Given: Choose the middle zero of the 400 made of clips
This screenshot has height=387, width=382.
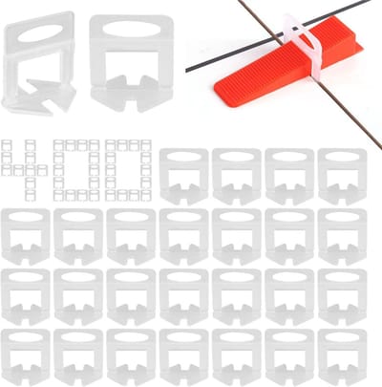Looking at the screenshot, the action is coord(76,170).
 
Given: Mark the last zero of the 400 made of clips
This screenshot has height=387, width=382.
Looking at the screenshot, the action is coord(128,170).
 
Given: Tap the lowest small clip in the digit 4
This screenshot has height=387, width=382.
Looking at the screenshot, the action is coord(31,196).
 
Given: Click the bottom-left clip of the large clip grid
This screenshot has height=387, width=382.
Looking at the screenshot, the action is coord(26,357).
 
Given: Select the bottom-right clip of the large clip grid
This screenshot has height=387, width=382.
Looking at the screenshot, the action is coord(342,357).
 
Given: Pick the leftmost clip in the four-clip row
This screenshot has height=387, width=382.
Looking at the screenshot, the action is coord(184,177).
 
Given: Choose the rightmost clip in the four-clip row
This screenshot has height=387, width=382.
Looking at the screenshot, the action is coord(342,177).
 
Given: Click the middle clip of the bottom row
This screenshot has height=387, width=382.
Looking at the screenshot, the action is coord(184,357).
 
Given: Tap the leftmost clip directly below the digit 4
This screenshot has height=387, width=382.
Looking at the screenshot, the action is coord(26,237).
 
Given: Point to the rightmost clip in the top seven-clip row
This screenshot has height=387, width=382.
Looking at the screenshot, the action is coord(342,237).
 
